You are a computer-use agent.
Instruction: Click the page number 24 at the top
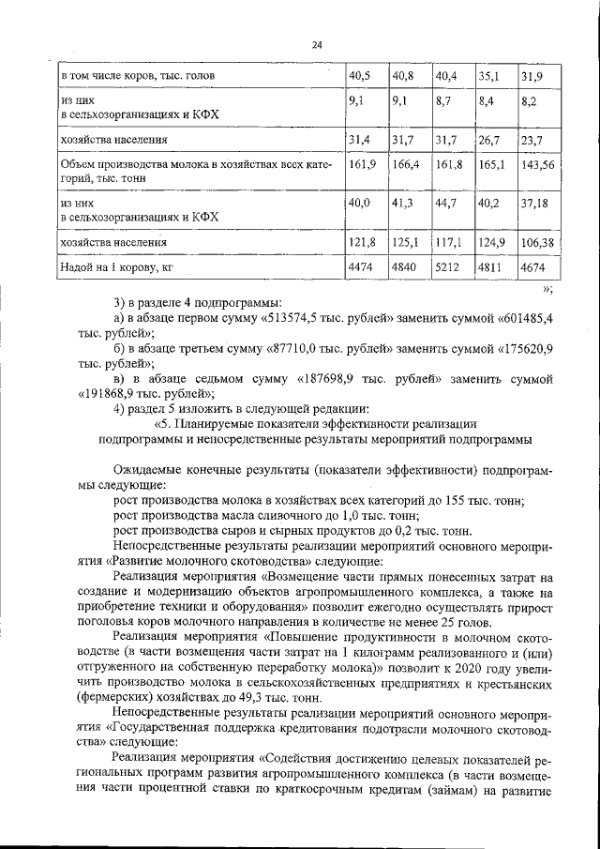[x=317, y=45]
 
